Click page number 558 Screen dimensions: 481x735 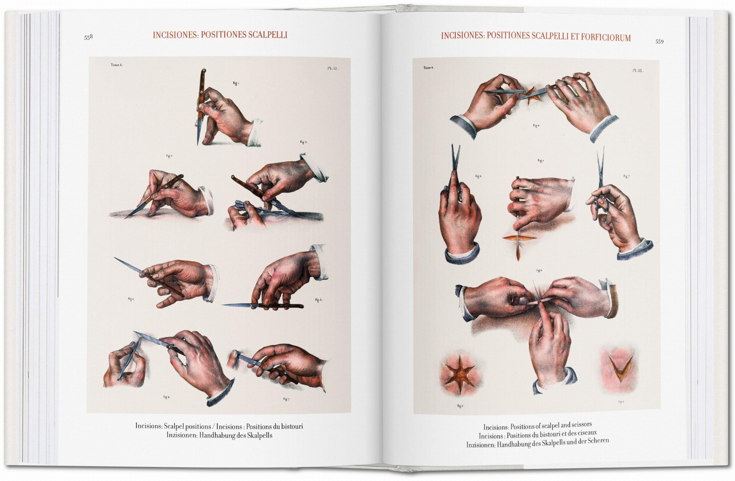pyautogui.click(x=88, y=37)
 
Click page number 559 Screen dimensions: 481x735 pyautogui.click(x=659, y=42)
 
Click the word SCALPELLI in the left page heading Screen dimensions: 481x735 pyautogui.click(x=268, y=35)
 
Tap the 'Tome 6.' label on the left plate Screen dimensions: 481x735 pyautogui.click(x=117, y=65)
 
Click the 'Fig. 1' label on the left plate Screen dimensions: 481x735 pyautogui.click(x=236, y=83)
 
